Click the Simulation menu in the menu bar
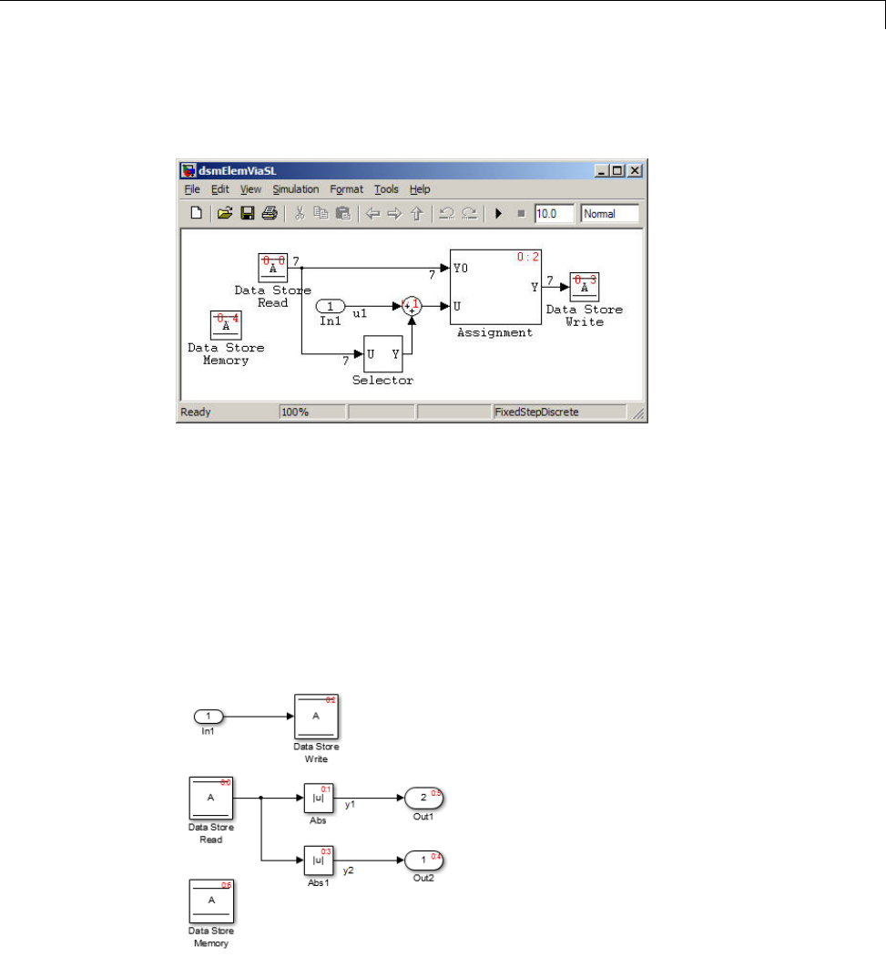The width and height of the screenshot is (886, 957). (295, 189)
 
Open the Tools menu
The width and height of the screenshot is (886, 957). (386, 189)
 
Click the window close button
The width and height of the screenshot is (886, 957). (635, 170)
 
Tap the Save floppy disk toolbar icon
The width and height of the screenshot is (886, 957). (247, 214)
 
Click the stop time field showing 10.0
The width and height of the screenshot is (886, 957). (554, 214)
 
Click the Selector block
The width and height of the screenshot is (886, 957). (382, 353)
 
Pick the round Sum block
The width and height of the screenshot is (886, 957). (412, 306)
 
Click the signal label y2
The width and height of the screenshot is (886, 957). (348, 871)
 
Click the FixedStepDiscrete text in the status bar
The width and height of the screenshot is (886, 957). (536, 412)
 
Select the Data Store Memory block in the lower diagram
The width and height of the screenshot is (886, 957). (211, 901)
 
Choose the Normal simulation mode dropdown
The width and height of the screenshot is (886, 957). (609, 214)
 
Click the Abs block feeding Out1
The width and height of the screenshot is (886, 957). (316, 799)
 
